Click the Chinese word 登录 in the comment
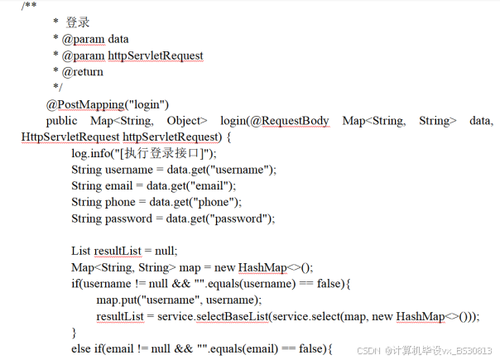(x=78, y=22)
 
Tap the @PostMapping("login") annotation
(x=108, y=104)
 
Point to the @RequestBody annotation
(x=289, y=121)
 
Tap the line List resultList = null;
(x=124, y=251)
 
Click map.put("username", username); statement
(x=179, y=300)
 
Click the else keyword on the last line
(x=82, y=348)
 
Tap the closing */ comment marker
(x=57, y=88)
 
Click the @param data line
(x=95, y=39)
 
